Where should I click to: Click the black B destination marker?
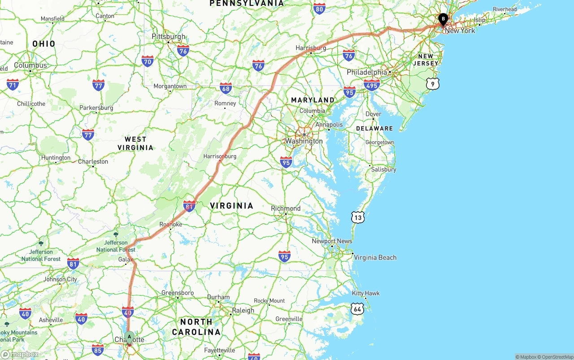[x=443, y=19]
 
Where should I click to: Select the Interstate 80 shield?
[x=319, y=9]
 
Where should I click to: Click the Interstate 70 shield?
[x=148, y=61]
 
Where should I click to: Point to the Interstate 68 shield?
[x=226, y=88]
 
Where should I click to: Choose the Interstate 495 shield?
[x=372, y=85]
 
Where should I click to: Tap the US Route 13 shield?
[x=358, y=217]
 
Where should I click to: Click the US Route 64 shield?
[x=357, y=308]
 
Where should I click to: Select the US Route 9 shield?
[x=432, y=83]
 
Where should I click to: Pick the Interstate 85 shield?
[x=98, y=350]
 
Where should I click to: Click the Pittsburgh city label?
[x=168, y=36]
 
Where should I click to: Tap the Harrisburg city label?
[x=311, y=48]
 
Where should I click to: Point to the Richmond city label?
[x=286, y=208]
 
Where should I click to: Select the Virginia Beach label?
[x=375, y=257]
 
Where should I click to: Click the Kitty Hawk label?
[x=365, y=293]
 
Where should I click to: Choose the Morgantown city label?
[x=170, y=86]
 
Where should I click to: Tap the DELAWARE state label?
[x=374, y=128]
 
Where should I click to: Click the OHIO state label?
[x=44, y=44]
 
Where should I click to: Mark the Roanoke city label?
[x=171, y=224]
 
